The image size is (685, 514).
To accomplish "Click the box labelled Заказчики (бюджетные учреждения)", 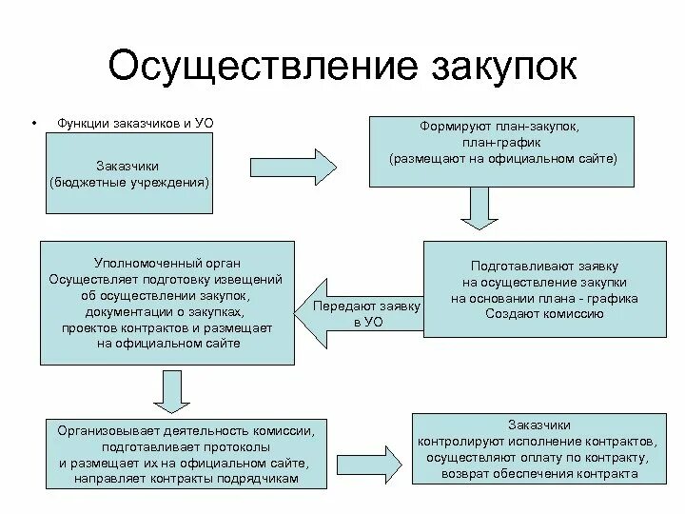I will click(x=130, y=173).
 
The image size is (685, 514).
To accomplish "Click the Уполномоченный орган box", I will click(x=167, y=301).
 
